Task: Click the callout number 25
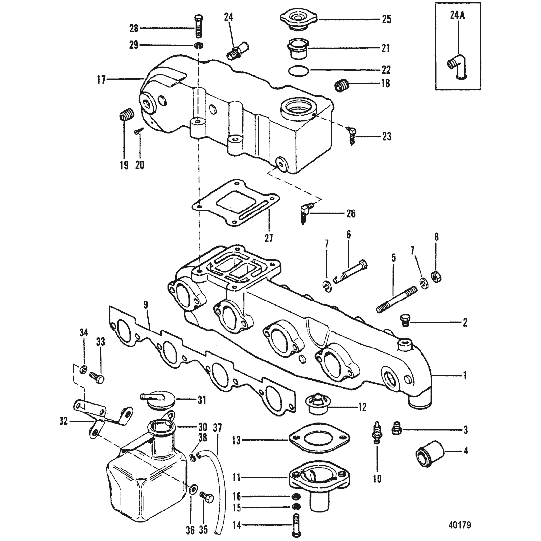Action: pyautogui.click(x=387, y=19)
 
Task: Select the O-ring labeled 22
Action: pyautogui.click(x=299, y=70)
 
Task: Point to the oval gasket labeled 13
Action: pyautogui.click(x=320, y=440)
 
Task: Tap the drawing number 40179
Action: pyautogui.click(x=459, y=525)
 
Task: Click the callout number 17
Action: pyautogui.click(x=101, y=81)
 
